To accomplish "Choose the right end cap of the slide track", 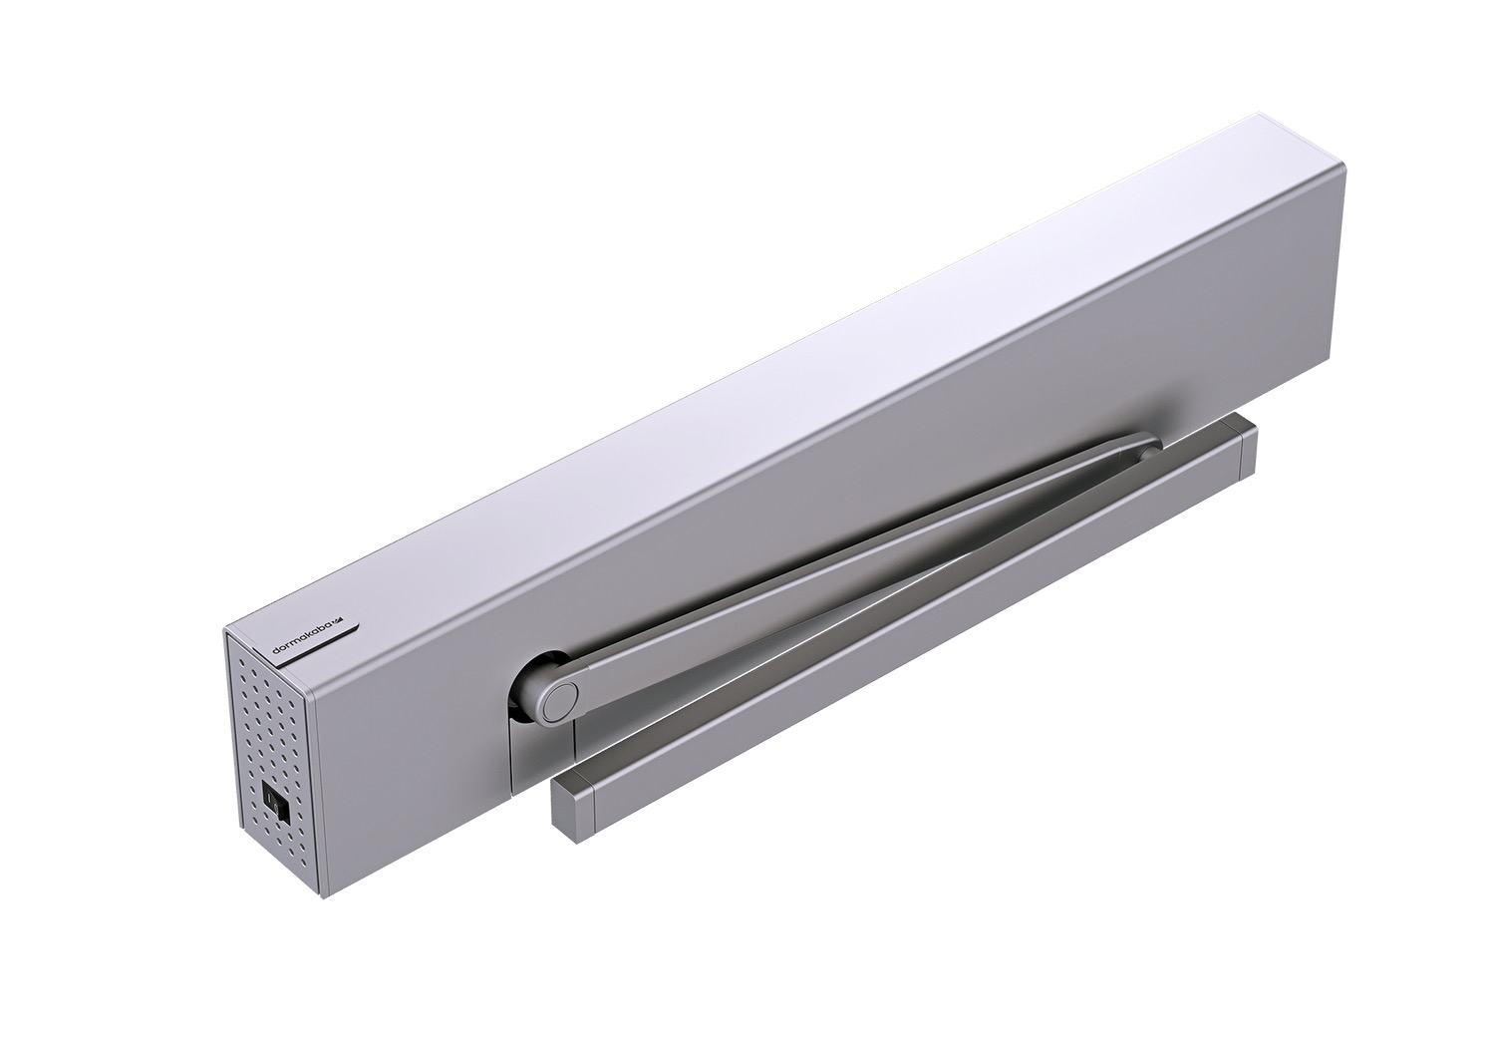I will [1242, 453].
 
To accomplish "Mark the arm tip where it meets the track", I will [1146, 450].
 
